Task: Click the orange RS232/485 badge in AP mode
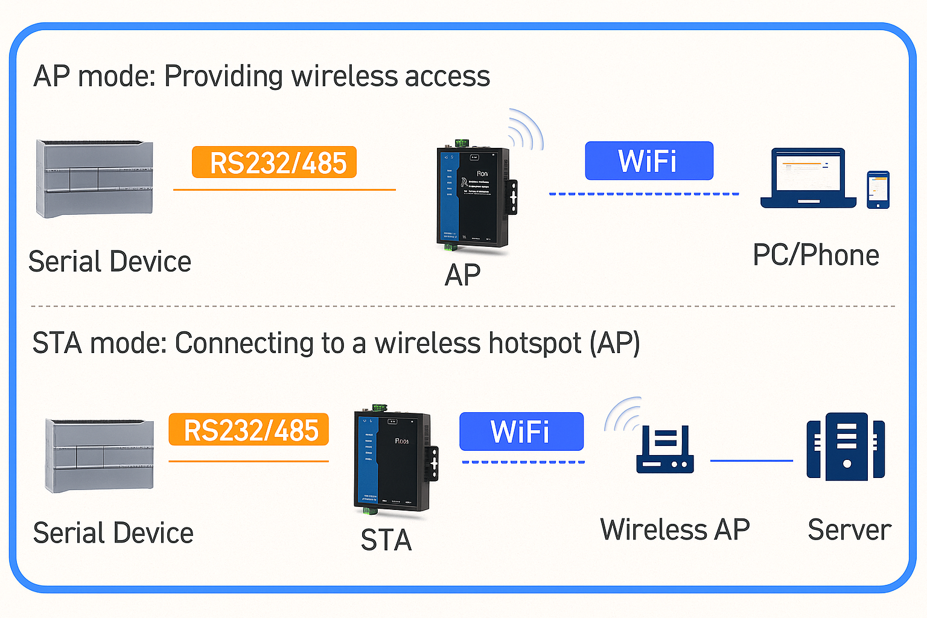[274, 162]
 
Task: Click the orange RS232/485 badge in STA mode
[249, 430]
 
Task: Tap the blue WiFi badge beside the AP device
[649, 161]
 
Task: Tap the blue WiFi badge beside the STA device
[521, 432]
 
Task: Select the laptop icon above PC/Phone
[808, 178]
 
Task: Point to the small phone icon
[878, 190]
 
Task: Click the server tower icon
[846, 447]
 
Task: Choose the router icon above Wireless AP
[664, 450]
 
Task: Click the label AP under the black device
[462, 275]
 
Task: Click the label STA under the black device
[386, 540]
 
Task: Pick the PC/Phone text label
[815, 255]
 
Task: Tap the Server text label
[849, 530]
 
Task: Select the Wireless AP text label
[675, 530]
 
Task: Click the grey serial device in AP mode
[95, 179]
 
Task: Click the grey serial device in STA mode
[100, 456]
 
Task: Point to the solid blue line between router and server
[751, 460]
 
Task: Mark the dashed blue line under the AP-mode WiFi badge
[644, 194]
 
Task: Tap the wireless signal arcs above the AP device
[525, 129]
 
